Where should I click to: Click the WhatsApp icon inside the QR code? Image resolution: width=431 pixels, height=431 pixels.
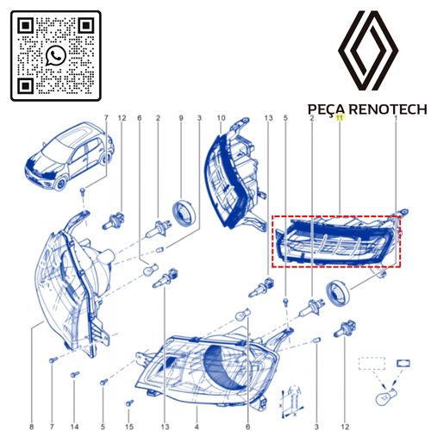click(x=55, y=55)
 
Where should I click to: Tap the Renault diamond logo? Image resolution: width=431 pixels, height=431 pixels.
click(x=368, y=51)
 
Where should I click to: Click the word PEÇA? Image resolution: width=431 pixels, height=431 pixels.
click(x=327, y=109)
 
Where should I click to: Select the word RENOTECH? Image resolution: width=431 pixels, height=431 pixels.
click(x=388, y=109)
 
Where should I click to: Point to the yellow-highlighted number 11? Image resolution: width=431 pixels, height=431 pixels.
click(x=340, y=117)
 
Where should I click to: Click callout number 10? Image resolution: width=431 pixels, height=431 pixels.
click(x=221, y=118)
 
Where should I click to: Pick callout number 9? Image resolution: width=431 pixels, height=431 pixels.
click(x=181, y=118)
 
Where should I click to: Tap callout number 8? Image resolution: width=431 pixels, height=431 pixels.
click(x=32, y=427)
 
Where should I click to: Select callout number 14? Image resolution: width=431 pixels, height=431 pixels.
click(x=74, y=427)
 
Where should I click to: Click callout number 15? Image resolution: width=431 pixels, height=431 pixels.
click(x=129, y=427)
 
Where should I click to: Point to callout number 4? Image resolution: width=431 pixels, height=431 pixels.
click(x=197, y=427)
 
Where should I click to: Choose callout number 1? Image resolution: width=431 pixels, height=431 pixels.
click(x=396, y=118)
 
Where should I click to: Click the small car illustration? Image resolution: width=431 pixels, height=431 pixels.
click(x=70, y=156)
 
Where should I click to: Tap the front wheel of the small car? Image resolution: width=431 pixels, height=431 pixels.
click(x=61, y=184)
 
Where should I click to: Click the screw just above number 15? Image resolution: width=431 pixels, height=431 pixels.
click(x=129, y=403)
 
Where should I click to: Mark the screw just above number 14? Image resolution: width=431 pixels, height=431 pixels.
click(x=75, y=375)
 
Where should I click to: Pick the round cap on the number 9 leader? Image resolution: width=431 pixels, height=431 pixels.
click(x=184, y=212)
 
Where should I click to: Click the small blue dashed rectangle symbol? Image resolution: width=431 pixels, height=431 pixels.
click(x=372, y=363)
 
